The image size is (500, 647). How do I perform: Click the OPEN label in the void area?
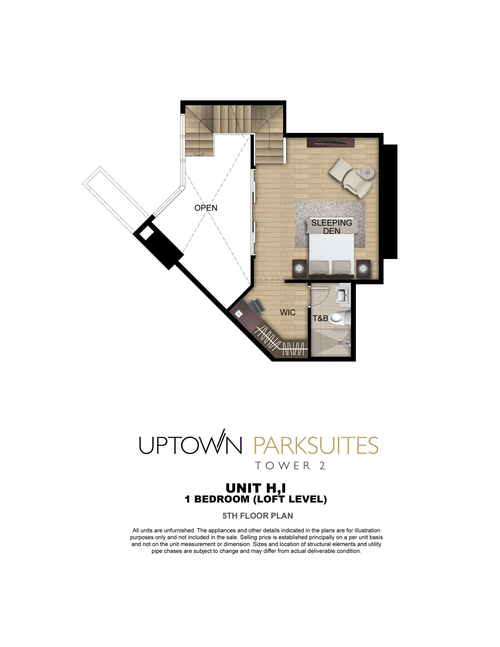[206, 208]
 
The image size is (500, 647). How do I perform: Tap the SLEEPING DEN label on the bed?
[332, 227]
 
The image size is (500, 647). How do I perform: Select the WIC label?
[288, 312]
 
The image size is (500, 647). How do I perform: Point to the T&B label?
[320, 318]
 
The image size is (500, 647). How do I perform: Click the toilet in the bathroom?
[340, 318]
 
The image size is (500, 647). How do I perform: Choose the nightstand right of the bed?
[363, 268]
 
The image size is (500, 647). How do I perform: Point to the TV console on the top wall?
[330, 142]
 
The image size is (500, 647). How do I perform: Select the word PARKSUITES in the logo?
[316, 445]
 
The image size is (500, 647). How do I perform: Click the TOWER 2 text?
[290, 466]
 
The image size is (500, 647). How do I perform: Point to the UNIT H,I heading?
[256, 488]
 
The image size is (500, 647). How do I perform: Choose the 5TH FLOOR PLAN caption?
[258, 516]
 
